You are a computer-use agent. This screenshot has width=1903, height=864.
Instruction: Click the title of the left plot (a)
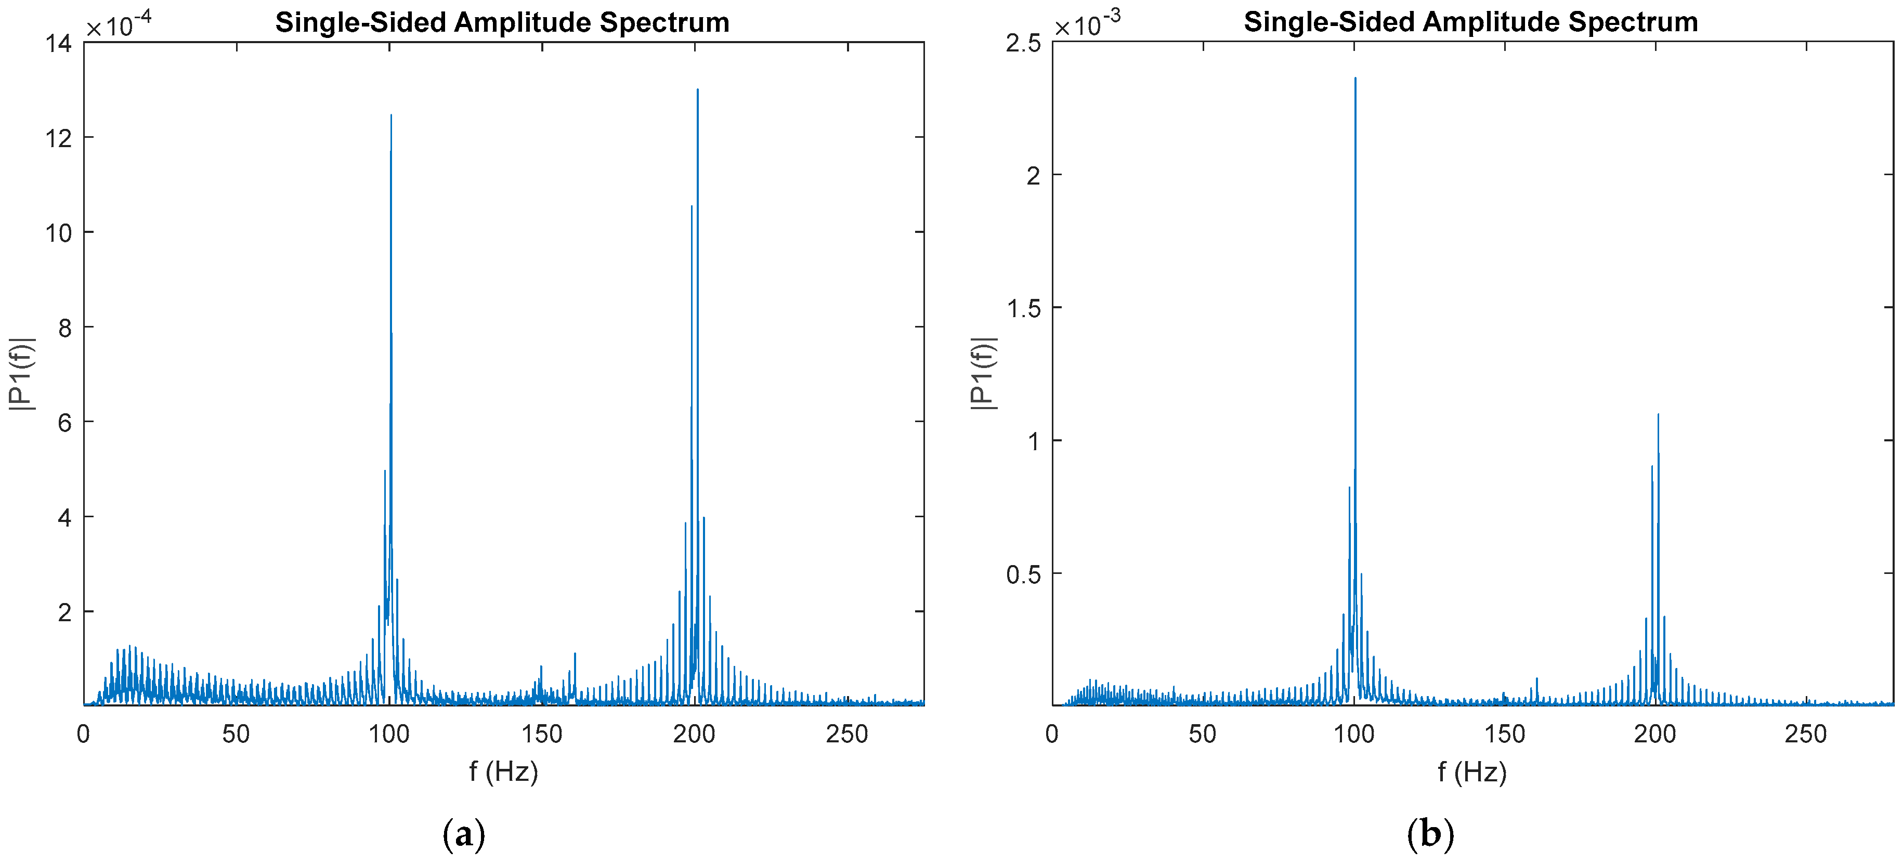point(502,22)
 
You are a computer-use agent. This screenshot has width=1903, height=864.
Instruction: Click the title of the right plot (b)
point(1470,22)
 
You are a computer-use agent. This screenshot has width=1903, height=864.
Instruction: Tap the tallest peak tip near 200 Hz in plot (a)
point(697,90)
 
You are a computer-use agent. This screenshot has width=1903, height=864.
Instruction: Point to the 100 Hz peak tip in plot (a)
point(391,115)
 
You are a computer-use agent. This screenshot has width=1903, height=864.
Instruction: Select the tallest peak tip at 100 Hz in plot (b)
point(1355,78)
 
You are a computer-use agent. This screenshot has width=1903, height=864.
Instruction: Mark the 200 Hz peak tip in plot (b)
point(1658,414)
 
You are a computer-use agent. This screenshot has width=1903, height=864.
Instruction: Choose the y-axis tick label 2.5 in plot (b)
point(1023,44)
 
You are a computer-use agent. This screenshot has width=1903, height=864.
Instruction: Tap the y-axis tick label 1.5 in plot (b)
point(1023,308)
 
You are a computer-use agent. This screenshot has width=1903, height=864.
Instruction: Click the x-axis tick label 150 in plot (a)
point(542,734)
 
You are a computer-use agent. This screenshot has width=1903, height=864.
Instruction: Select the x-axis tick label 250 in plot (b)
point(1805,734)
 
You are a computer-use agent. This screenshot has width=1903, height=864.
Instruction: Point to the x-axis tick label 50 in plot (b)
point(1203,734)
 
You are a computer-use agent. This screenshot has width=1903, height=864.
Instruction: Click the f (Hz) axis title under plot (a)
point(503,771)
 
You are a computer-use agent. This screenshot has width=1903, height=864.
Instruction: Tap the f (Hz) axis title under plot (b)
point(1471,771)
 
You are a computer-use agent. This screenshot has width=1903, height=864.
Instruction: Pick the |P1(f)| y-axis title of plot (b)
point(983,374)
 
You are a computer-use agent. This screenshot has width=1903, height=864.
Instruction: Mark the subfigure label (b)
point(1430,834)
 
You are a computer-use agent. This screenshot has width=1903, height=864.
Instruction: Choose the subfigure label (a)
point(463,834)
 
